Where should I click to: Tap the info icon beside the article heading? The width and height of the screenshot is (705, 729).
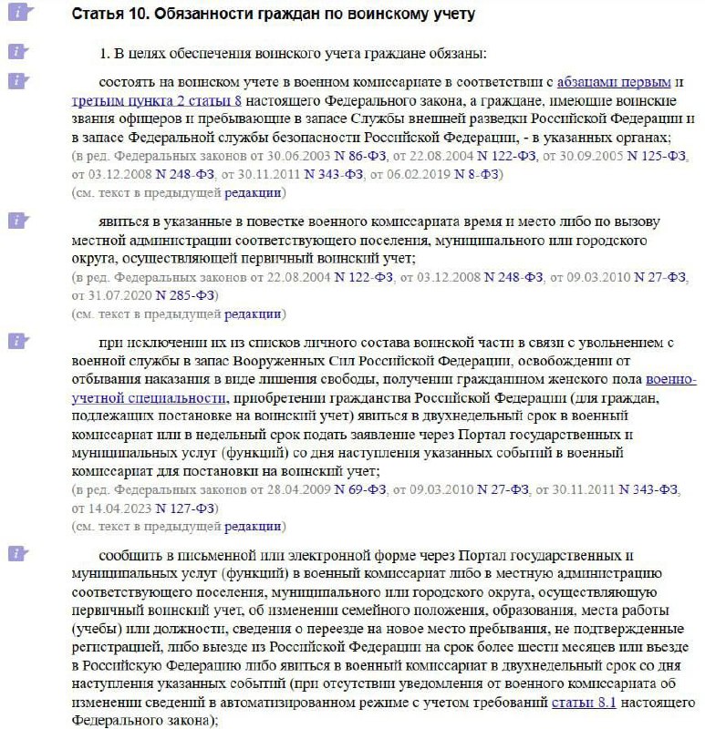tap(21, 15)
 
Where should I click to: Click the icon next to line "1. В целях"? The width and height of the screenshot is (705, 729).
tap(21, 52)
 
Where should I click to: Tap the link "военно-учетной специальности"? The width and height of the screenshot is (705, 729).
tap(670, 379)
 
